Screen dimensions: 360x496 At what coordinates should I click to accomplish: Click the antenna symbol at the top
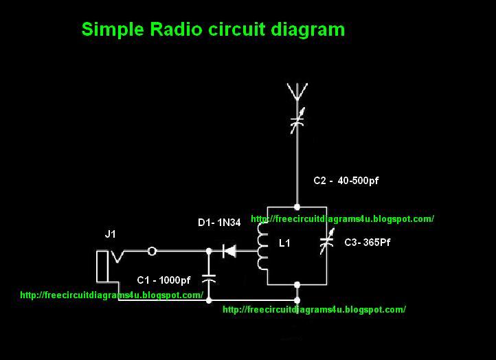(x=297, y=92)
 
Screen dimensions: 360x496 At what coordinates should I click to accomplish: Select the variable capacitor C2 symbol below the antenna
(x=297, y=123)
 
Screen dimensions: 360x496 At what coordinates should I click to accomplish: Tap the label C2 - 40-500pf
(x=346, y=181)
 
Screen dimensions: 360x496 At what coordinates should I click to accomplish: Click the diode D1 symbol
(x=229, y=251)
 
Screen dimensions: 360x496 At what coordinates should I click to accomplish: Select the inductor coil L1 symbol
(x=262, y=245)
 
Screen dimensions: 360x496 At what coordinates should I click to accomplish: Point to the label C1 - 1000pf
(x=164, y=280)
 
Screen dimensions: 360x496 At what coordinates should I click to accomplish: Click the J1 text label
(x=111, y=234)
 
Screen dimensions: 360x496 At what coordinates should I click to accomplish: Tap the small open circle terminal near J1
(x=153, y=251)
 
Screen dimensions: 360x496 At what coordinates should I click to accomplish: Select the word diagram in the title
(x=308, y=30)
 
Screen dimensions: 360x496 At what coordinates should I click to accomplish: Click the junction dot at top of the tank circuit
(x=297, y=206)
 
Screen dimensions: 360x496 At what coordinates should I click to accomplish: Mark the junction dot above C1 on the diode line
(x=210, y=251)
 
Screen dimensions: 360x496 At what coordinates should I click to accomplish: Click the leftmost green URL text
(x=112, y=295)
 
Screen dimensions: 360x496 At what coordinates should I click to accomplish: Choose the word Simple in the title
(x=109, y=30)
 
